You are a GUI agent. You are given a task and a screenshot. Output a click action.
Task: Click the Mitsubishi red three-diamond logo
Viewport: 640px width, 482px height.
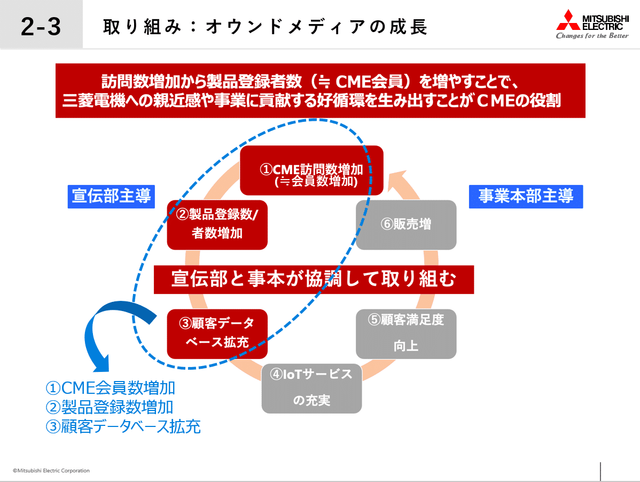tap(567, 20)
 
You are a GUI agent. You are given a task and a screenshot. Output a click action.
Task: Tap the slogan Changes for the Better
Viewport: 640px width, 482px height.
tap(592, 36)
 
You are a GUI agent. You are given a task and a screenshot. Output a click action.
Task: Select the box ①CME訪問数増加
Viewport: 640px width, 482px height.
tap(311, 170)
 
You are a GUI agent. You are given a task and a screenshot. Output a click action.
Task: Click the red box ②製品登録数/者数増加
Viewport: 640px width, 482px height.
tap(217, 224)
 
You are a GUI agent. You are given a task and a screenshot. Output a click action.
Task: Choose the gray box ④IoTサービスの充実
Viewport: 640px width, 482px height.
tap(311, 387)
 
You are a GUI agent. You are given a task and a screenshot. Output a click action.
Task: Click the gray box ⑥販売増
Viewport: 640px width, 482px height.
tap(406, 224)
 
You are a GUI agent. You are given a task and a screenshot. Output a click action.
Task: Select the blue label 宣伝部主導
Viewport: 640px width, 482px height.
tap(111, 196)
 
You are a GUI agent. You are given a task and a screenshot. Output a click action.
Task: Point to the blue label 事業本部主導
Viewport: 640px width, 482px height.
tap(526, 196)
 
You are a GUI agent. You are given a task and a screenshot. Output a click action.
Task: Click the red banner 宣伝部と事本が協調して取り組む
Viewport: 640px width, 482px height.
tap(314, 279)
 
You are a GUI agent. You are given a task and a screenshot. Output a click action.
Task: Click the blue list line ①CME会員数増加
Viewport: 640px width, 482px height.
tap(111, 387)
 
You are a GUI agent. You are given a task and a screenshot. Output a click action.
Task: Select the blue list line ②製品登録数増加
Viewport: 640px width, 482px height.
tap(110, 407)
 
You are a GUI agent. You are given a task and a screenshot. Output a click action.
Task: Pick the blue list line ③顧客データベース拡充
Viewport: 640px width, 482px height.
tap(123, 427)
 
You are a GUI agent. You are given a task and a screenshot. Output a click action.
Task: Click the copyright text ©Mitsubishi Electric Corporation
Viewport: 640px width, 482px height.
tap(51, 471)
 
